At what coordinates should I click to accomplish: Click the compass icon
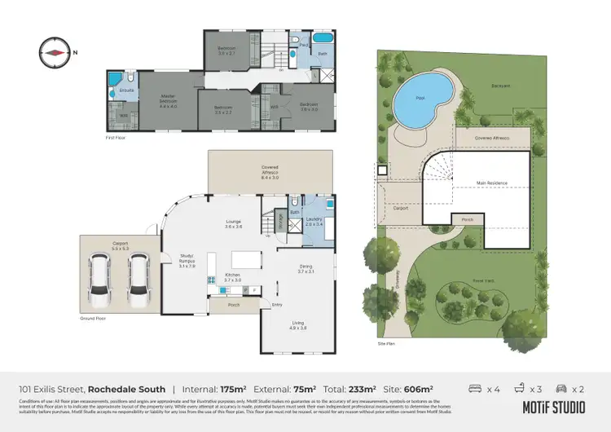click(55, 51)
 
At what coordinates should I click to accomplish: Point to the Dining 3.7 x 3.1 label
click(305, 268)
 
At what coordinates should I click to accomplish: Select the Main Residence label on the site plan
click(491, 183)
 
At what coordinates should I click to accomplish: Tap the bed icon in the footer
click(476, 389)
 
